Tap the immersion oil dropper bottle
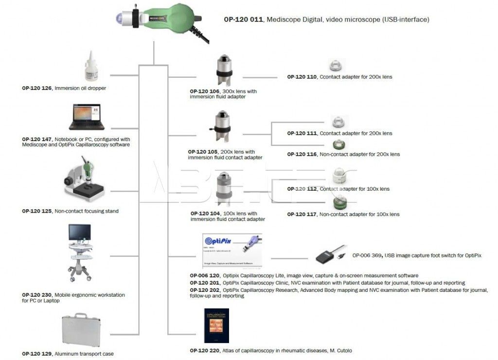tap(91, 68)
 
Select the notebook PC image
tap(87, 118)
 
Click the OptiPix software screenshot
tap(232, 251)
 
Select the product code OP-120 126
tap(37, 89)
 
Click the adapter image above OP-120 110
tap(337, 65)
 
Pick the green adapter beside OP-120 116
tap(338, 144)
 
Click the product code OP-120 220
tap(205, 350)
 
